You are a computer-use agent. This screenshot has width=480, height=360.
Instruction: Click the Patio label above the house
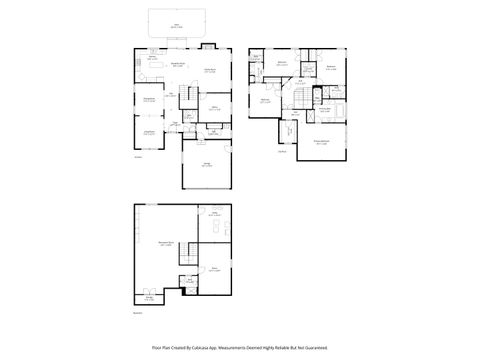(177, 23)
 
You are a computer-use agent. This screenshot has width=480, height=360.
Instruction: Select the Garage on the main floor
(207, 165)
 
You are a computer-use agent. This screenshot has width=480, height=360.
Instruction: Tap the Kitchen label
(153, 58)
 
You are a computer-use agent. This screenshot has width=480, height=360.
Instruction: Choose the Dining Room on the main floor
(148, 99)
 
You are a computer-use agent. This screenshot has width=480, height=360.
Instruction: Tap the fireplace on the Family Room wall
(209, 46)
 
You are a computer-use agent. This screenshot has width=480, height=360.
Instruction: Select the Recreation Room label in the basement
(165, 243)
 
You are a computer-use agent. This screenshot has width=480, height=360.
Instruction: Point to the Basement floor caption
(139, 313)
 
